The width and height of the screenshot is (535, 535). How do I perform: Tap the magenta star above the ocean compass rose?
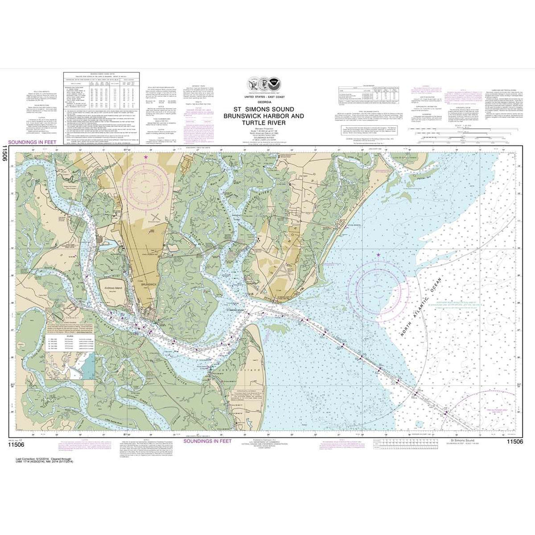click(378, 255)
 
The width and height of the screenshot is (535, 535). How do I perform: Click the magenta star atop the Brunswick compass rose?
click(146, 156)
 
